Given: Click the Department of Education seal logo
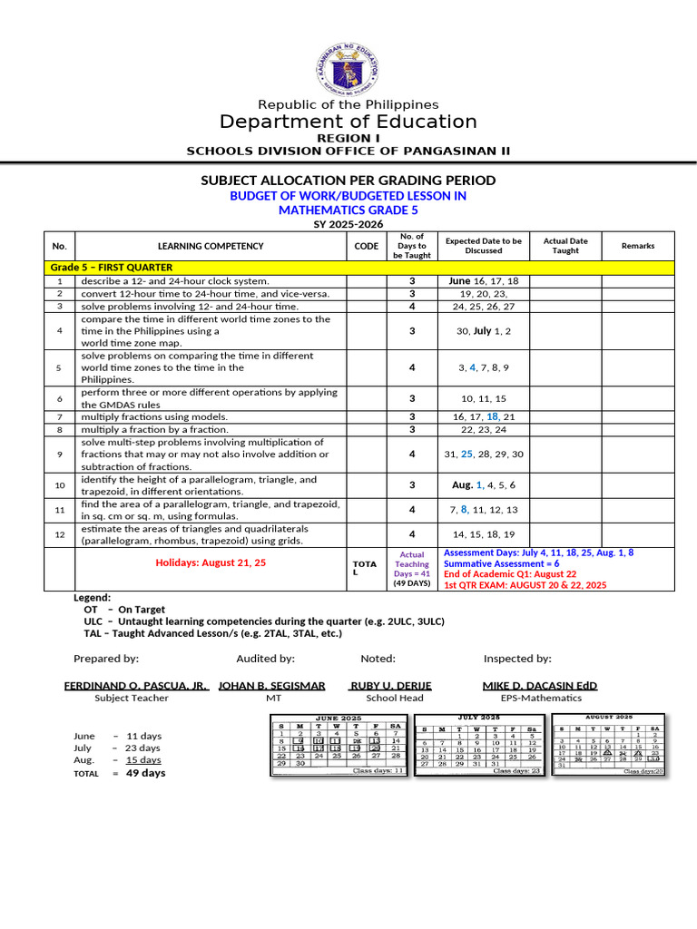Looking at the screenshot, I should tap(348, 67).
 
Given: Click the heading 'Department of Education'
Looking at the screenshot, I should tap(348, 122).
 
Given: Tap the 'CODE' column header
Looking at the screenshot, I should tap(367, 246).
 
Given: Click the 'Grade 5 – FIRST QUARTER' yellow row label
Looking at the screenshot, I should tap(112, 268).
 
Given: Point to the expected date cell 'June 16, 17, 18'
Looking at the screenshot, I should tap(483, 281).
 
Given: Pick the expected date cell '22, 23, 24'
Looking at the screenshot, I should tap(483, 429).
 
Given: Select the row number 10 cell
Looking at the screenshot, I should tap(60, 485).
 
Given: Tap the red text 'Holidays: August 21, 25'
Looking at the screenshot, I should tap(211, 562).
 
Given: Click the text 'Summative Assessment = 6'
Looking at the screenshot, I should tap(501, 563).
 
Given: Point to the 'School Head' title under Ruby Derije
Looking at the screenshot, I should tap(394, 698).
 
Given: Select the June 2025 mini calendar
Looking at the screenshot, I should tap(339, 744).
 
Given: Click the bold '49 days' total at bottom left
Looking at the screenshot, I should tap(145, 774).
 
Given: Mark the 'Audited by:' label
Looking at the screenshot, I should tap(265, 659).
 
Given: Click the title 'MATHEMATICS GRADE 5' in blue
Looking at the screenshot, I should tap(348, 210).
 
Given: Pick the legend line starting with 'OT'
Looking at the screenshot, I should tap(124, 610).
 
